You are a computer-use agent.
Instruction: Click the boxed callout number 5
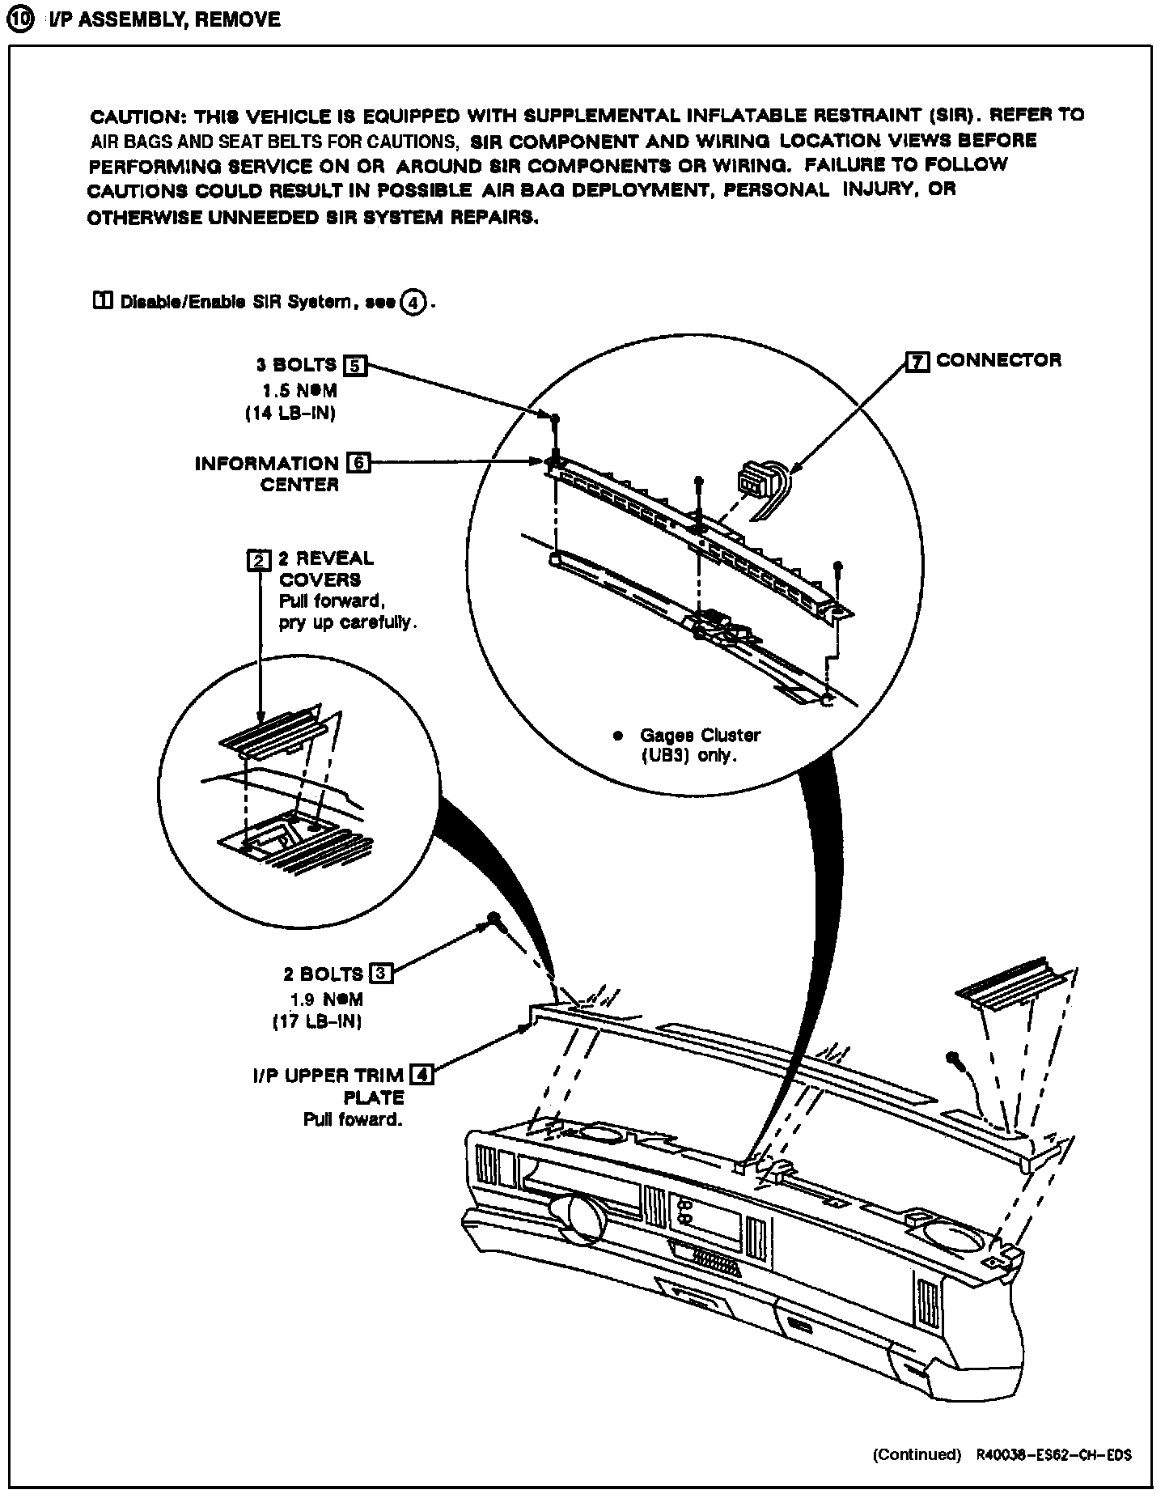pyautogui.click(x=355, y=366)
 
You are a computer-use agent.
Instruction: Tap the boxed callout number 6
pyautogui.click(x=358, y=464)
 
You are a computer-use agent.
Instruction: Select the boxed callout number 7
pyautogui.click(x=917, y=362)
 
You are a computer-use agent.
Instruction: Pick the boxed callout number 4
pyautogui.click(x=422, y=1075)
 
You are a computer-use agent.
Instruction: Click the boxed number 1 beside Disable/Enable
pyautogui.click(x=103, y=302)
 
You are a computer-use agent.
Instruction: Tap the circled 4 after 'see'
pyautogui.click(x=413, y=303)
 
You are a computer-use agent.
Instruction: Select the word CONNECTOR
pyautogui.click(x=998, y=360)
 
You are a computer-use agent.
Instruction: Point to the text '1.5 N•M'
pyautogui.click(x=299, y=390)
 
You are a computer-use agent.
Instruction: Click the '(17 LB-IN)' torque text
pyautogui.click(x=316, y=1021)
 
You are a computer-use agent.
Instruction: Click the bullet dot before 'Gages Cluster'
pyautogui.click(x=619, y=736)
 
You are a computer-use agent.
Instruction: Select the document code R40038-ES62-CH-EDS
pyautogui.click(x=1053, y=1454)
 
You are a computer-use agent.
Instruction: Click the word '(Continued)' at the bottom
pyautogui.click(x=917, y=1454)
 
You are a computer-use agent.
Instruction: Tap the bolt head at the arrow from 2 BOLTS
pyautogui.click(x=492, y=919)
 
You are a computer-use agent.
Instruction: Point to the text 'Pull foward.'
pyautogui.click(x=353, y=1120)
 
